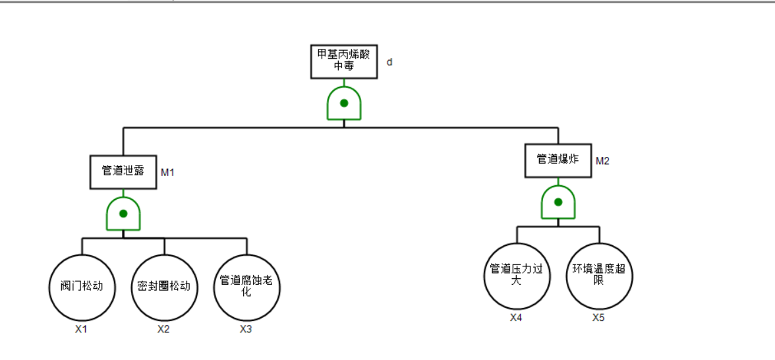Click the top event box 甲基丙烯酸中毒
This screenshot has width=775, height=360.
pos(344,61)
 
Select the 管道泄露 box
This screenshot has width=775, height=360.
pos(123,171)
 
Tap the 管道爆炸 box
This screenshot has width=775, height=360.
pos(558,160)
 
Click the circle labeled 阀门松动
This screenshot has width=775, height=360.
pos(82,287)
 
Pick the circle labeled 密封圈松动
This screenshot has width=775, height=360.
pos(164,287)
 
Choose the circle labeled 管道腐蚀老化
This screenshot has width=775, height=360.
pos(246,287)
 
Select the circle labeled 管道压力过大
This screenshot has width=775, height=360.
pos(517,275)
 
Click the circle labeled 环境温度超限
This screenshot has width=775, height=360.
pos(599,275)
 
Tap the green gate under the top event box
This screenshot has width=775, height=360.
pos(344,104)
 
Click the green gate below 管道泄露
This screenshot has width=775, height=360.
pos(123,214)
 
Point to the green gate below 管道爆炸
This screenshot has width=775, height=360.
pos(558,202)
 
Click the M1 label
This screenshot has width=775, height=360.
pos(168,172)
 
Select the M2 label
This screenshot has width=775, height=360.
pos(602,161)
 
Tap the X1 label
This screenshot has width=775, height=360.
pos(81,330)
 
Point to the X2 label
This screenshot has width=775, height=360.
pos(163,330)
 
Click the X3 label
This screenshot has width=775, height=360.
pos(246,330)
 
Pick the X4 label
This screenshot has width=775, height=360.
pos(516,318)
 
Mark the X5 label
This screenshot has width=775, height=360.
pos(598,318)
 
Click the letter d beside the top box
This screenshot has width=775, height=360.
pos(389,62)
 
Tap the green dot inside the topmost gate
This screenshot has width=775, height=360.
pos(344,103)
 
